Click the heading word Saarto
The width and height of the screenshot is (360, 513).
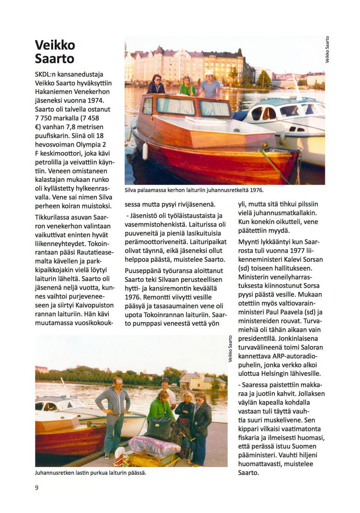[55, 58]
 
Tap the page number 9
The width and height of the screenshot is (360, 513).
[37, 488]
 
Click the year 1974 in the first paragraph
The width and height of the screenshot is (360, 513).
[95, 100]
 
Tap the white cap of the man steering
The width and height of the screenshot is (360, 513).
[209, 73]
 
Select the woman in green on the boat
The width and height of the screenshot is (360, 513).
[187, 86]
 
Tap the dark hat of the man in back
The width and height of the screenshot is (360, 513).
[166, 380]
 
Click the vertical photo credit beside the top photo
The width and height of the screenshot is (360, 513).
[327, 50]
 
